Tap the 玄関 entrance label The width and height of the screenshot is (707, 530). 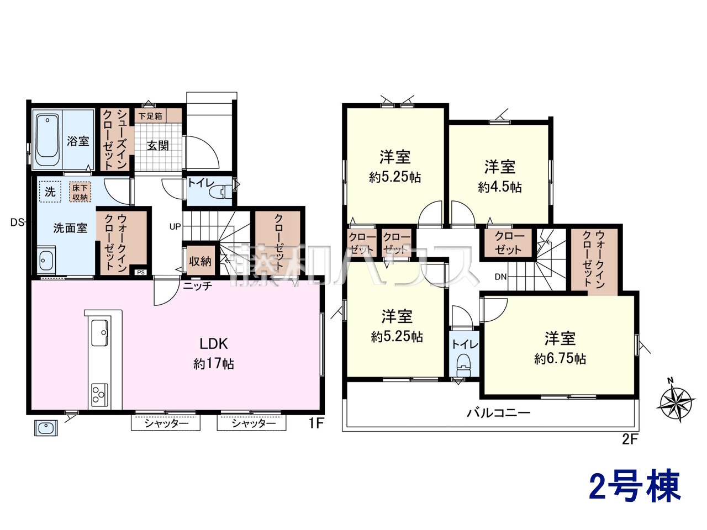pyautogui.click(x=157, y=146)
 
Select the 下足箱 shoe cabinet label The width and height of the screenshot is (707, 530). pyautogui.click(x=150, y=116)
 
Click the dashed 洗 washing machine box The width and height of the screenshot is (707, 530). pyautogui.click(x=50, y=192)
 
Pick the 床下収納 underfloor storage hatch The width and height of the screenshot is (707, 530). pyautogui.click(x=80, y=193)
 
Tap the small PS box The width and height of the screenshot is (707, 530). pyautogui.click(x=141, y=272)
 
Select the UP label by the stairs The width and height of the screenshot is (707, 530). pyautogui.click(x=175, y=227)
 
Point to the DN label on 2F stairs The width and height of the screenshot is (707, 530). pyautogui.click(x=500, y=277)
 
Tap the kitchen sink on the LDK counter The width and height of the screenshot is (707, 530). pyautogui.click(x=100, y=332)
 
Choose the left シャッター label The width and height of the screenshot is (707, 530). pyautogui.click(x=166, y=423)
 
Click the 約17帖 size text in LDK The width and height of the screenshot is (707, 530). pyautogui.click(x=214, y=364)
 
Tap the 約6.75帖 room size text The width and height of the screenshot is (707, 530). pyautogui.click(x=560, y=359)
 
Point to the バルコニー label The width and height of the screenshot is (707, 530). pyautogui.click(x=498, y=413)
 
